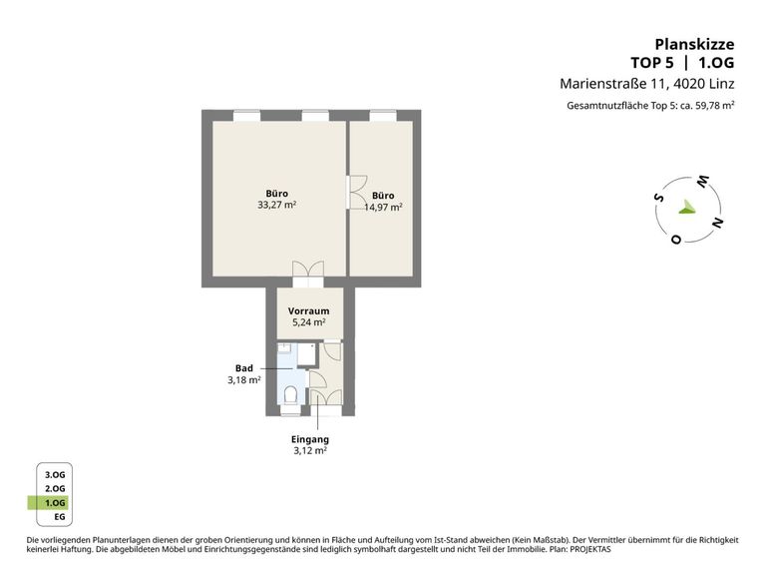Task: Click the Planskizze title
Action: pos(694,45)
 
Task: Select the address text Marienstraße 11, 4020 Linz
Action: pos(646,84)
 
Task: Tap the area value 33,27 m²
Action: pos(277,205)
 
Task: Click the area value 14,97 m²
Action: pos(383,207)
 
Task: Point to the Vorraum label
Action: pos(309,311)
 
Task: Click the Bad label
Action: pos(244,368)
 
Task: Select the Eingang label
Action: pos(310,439)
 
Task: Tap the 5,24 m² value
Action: pos(309,322)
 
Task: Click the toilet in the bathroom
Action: pos(290,394)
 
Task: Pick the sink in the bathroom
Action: pos(285,348)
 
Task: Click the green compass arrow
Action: pos(686,207)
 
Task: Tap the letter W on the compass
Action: pos(702,182)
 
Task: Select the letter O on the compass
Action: pos(676,240)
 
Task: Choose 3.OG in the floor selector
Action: pos(55,475)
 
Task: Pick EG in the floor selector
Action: pos(60,517)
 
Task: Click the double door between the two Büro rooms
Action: pos(356,192)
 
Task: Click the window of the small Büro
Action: pos(383,116)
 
